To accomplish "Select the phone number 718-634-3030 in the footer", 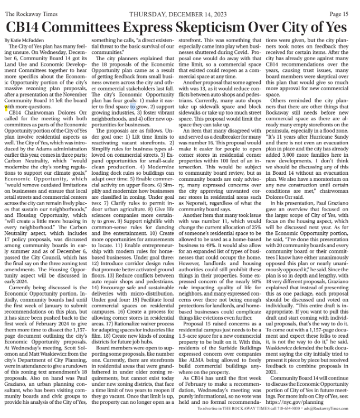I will click(280, 409).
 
